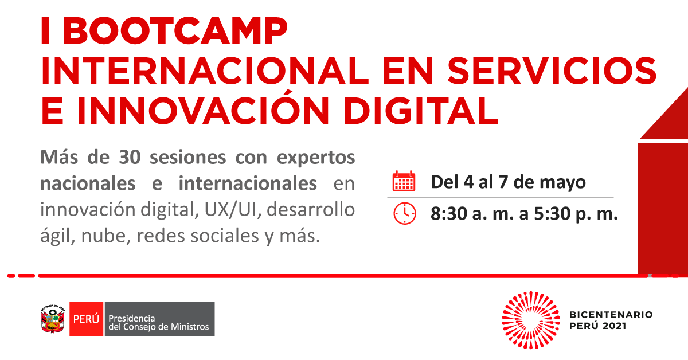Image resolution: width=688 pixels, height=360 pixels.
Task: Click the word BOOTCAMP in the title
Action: [x=175, y=31]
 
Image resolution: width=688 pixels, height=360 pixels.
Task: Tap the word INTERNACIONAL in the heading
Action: [x=205, y=71]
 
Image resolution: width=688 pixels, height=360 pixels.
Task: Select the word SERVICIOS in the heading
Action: [x=552, y=71]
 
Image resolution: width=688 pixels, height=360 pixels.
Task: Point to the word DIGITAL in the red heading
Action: [x=421, y=110]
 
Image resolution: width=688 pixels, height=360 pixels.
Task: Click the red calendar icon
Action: [x=404, y=181]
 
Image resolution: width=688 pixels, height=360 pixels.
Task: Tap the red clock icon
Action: [x=405, y=213]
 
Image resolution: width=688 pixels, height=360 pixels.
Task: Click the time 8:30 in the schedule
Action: [x=448, y=213]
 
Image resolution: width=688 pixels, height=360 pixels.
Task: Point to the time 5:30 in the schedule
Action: [x=552, y=213]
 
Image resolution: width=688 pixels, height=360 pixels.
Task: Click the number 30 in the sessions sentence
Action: [x=130, y=157]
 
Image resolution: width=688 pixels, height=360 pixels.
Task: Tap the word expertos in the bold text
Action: [x=316, y=158]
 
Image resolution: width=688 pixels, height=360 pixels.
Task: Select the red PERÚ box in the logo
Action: [x=87, y=319]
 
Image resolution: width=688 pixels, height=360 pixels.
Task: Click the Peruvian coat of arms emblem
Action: [x=53, y=319]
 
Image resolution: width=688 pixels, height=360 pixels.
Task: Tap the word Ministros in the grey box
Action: [x=190, y=327]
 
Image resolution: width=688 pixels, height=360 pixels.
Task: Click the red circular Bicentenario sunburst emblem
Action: [x=531, y=320]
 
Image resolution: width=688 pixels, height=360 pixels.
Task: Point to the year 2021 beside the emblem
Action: [x=615, y=326]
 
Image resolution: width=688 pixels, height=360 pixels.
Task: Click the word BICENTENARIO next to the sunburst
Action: [x=611, y=315]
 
